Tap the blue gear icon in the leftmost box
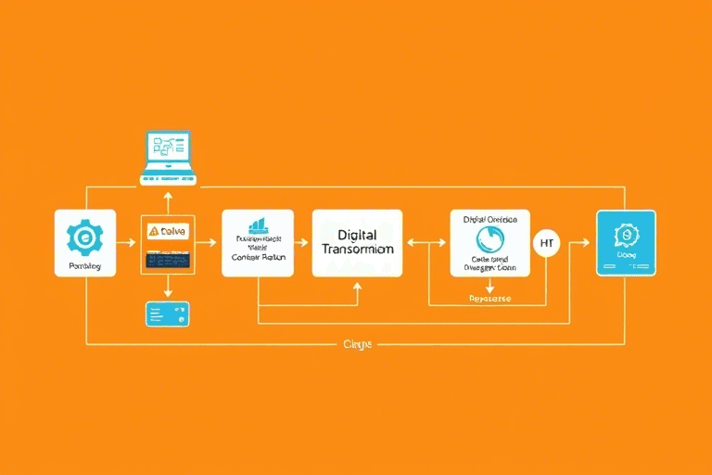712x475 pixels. pyautogui.click(x=85, y=237)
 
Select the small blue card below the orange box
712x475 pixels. pyautogui.click(x=167, y=314)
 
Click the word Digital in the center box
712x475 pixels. pyautogui.click(x=357, y=236)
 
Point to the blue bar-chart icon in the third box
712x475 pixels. pyautogui.click(x=258, y=226)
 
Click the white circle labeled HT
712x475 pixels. pyautogui.click(x=545, y=243)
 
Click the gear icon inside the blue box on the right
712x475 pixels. pyautogui.click(x=626, y=235)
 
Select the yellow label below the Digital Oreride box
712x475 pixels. pyautogui.click(x=489, y=300)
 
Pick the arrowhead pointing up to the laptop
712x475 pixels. pyautogui.click(x=167, y=195)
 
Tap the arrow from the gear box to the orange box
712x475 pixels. pyautogui.click(x=127, y=243)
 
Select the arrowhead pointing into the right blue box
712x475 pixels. pyautogui.click(x=586, y=243)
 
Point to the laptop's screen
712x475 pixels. pyautogui.click(x=167, y=148)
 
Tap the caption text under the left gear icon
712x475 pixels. pyautogui.click(x=85, y=266)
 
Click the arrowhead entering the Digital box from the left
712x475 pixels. pyautogui.click(x=307, y=243)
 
